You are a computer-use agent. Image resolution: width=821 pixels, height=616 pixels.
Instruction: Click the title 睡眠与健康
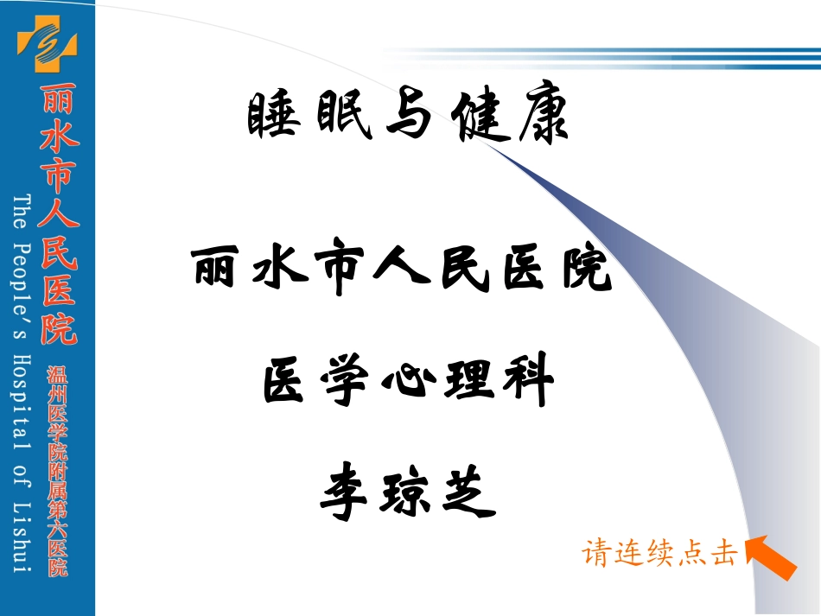(x=408, y=118)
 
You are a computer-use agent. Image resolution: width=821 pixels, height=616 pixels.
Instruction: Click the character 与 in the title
(x=408, y=118)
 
